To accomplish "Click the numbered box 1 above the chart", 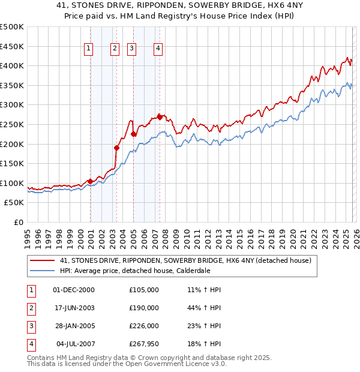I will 88,49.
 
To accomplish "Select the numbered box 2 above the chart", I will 115,49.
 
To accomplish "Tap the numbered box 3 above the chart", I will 131,49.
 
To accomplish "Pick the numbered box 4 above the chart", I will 158,49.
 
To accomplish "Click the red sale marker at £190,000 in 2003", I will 117,148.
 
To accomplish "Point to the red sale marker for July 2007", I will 160,116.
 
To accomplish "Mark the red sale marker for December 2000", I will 90,181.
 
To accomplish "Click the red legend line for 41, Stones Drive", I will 41,261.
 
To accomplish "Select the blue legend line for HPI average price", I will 41,271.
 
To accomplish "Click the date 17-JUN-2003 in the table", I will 74,308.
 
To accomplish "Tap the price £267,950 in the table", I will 144,344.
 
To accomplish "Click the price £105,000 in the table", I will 144,290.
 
